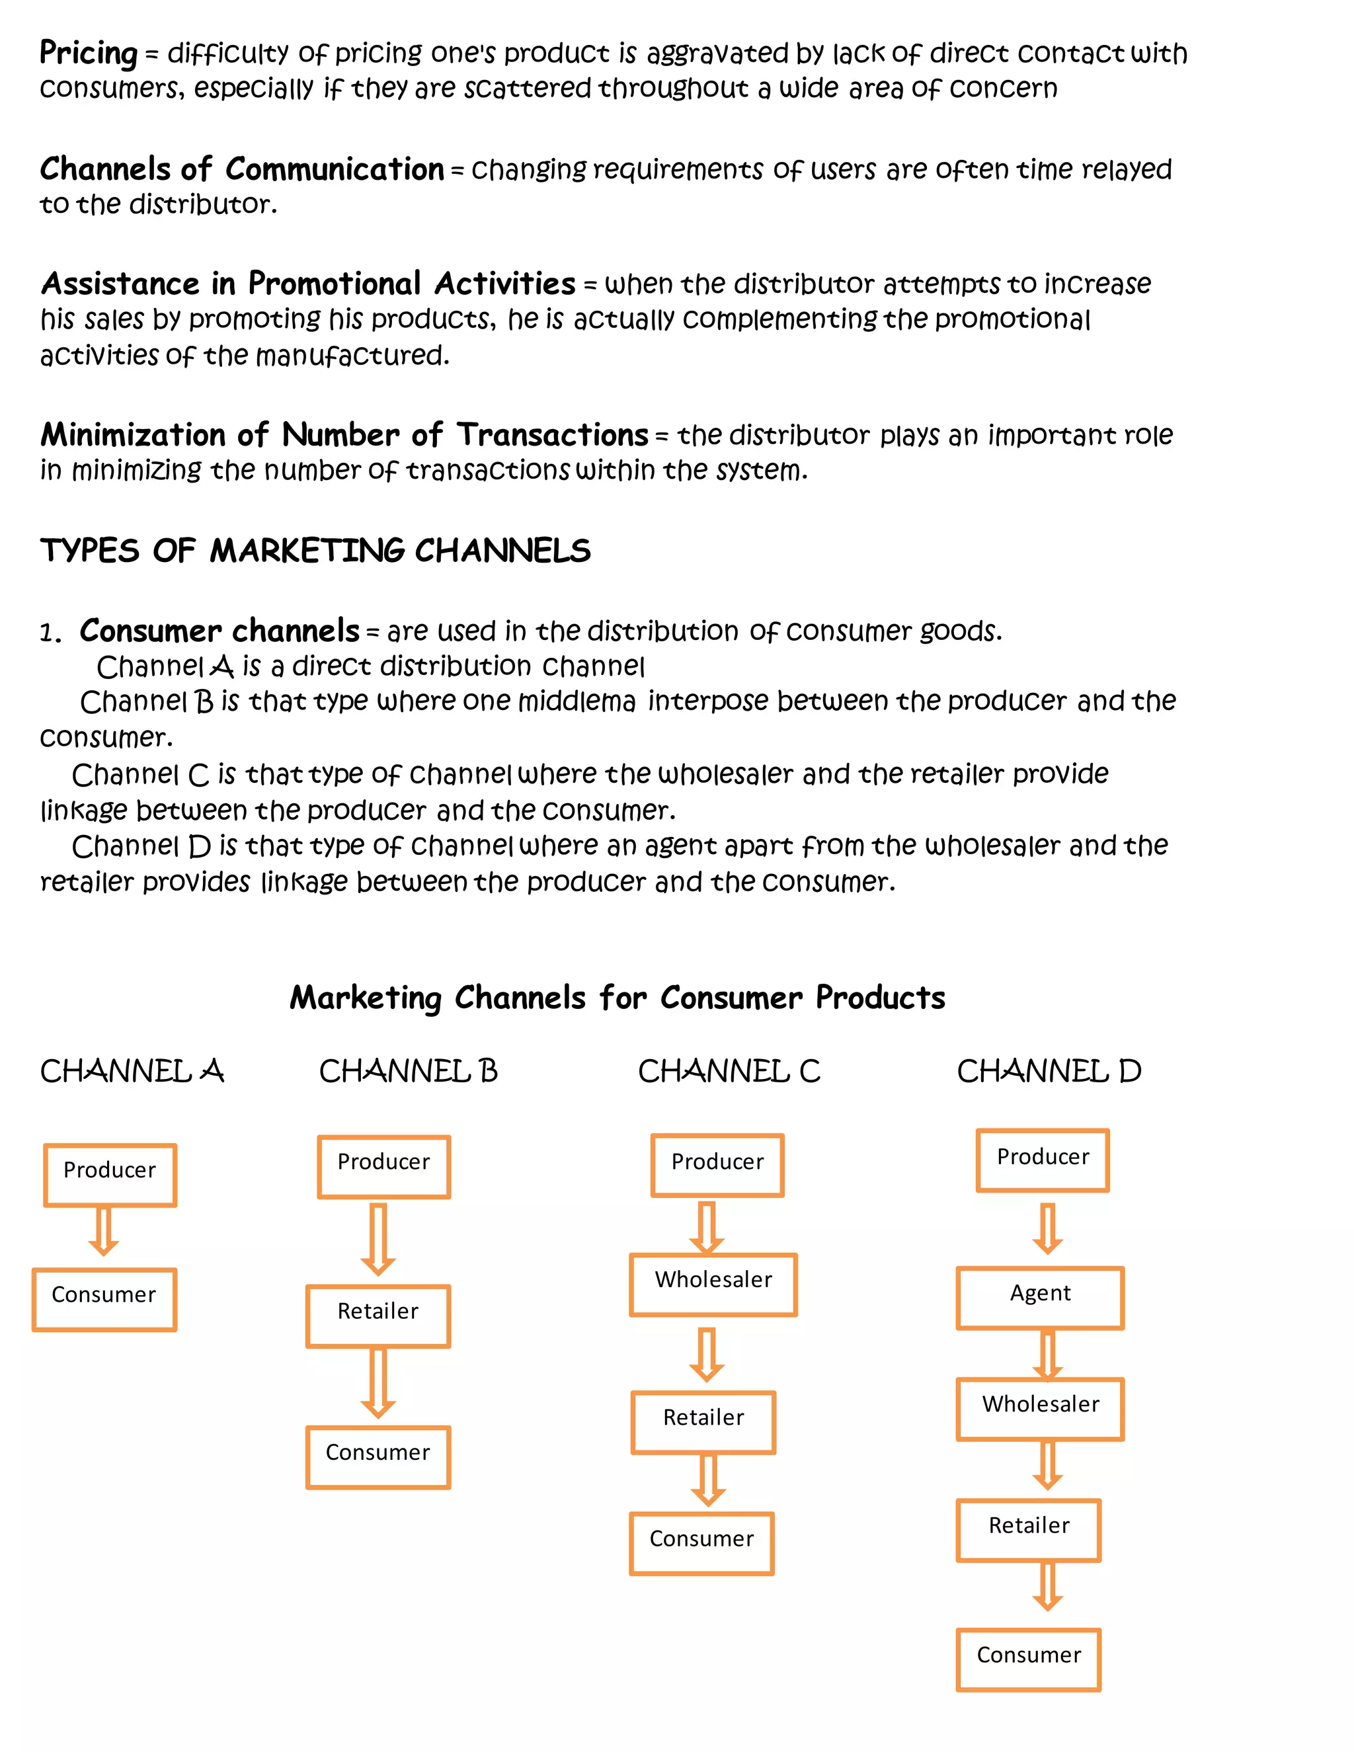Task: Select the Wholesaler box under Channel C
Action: tap(713, 1285)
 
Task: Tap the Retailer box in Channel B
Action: tap(378, 1316)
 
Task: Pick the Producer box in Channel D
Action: tap(1042, 1160)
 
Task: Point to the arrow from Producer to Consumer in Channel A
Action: tap(104, 1230)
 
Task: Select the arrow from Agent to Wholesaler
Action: tap(1047, 1355)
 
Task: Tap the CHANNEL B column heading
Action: tap(409, 1071)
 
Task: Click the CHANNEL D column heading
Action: tap(1049, 1071)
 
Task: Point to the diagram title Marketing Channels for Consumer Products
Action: tap(617, 997)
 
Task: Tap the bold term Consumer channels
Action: tap(219, 631)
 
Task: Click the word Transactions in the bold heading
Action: tap(552, 435)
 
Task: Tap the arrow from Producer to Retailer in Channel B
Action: tap(378, 1238)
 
